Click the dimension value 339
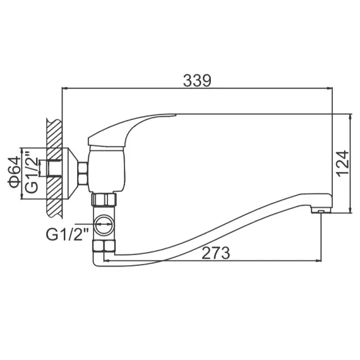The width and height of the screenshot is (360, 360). (197, 81)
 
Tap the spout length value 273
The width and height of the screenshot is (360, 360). (215, 253)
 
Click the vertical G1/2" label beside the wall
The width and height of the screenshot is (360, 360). (30, 173)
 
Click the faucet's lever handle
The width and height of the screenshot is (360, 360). (133, 126)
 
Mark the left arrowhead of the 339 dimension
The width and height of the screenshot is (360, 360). (64, 89)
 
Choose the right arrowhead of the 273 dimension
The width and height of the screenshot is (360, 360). (318, 259)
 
